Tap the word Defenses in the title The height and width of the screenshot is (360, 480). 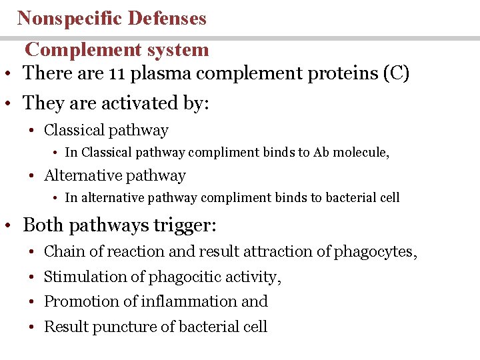pos(168,18)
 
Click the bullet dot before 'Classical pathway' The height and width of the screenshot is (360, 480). pos(31,131)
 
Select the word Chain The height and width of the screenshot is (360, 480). pos(61,252)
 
